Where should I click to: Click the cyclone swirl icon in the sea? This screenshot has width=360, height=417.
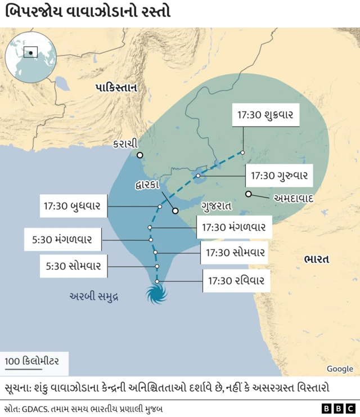tap(157, 294)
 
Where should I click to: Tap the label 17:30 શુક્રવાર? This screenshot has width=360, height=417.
tap(265, 115)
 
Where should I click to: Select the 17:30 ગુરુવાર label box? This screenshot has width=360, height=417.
tap(279, 175)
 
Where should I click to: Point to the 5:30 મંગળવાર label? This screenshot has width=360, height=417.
tap(62, 239)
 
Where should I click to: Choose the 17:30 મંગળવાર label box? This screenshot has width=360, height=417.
tap(233, 227)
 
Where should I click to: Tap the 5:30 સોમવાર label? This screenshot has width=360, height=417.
tap(74, 266)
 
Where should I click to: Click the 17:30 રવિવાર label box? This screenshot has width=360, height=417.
tap(236, 280)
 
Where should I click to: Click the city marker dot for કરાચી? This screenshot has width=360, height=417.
tap(139, 155)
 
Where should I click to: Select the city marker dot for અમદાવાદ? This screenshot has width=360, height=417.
tap(248, 194)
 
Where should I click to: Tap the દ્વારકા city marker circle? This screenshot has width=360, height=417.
tap(175, 211)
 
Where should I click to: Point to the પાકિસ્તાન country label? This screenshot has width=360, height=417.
tap(116, 88)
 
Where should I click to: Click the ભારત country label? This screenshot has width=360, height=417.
tap(316, 259)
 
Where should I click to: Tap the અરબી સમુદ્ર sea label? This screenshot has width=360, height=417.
tap(94, 296)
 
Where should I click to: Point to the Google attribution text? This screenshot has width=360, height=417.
tap(340, 369)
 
